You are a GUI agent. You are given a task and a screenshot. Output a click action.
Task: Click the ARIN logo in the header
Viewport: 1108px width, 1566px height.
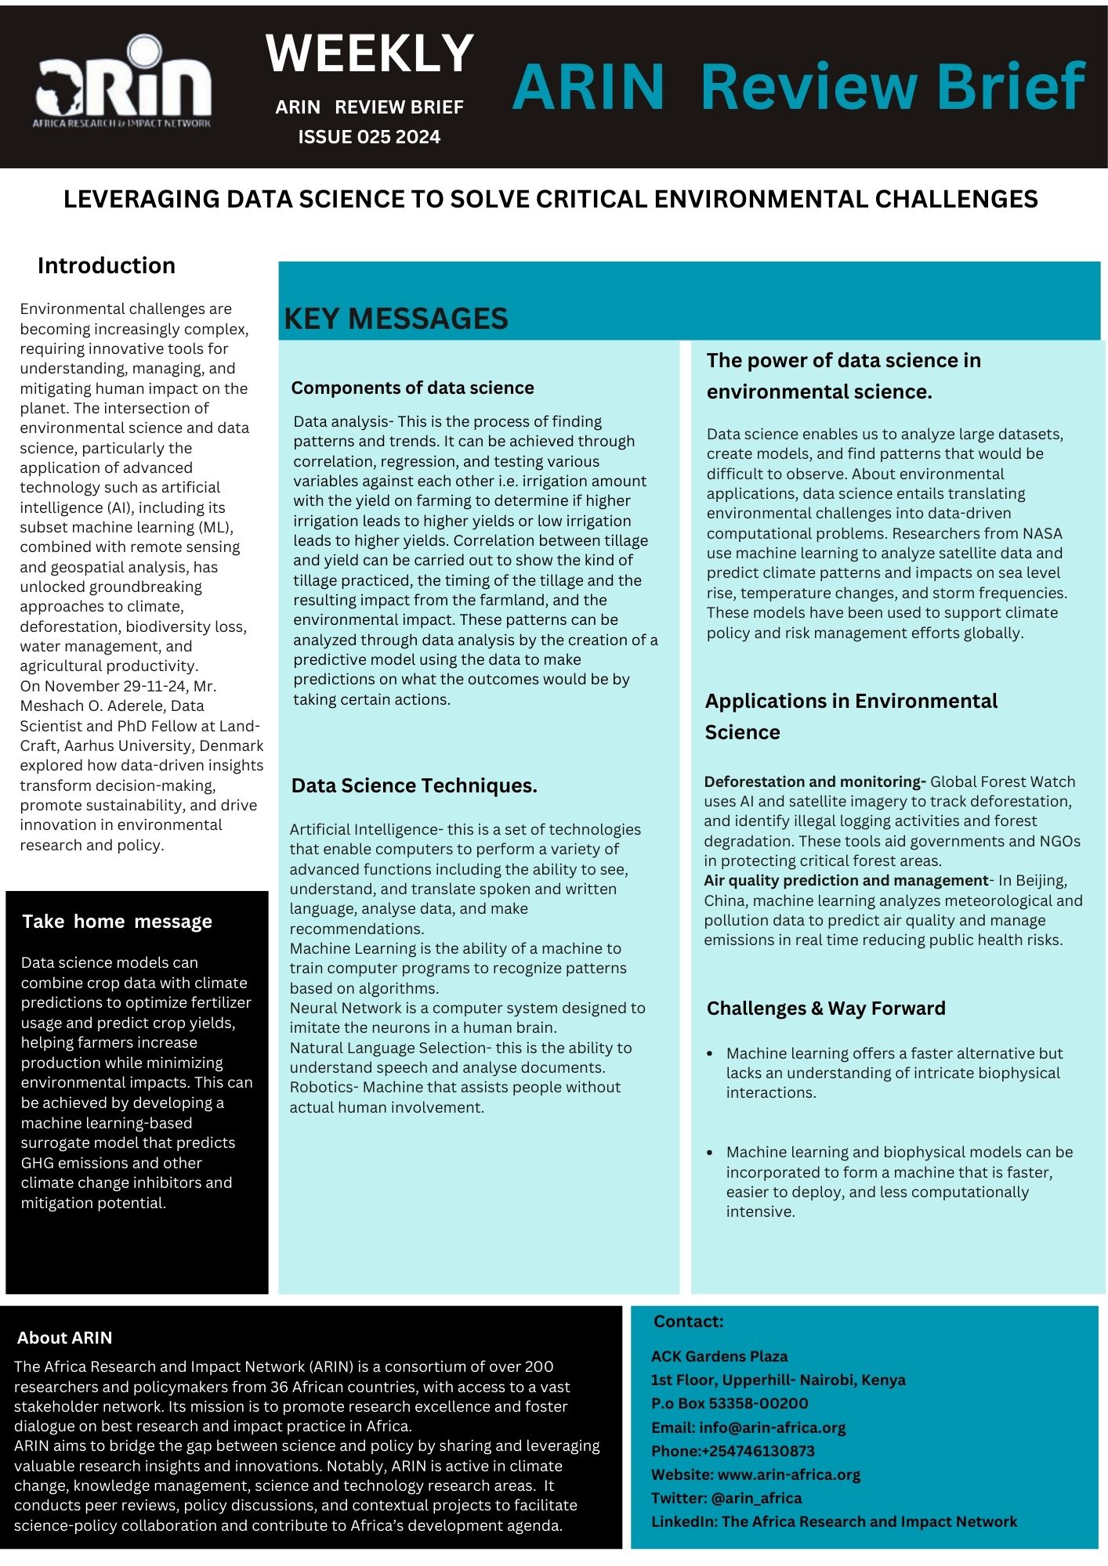[123, 82]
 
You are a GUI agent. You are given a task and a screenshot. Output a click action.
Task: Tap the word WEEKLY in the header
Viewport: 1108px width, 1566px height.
[370, 53]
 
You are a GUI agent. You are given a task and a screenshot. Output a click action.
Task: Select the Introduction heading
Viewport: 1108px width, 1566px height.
[106, 265]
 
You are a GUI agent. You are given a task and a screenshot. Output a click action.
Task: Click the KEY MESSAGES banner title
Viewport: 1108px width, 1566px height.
[396, 319]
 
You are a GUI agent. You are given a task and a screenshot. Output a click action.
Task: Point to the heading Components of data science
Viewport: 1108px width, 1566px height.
[412, 388]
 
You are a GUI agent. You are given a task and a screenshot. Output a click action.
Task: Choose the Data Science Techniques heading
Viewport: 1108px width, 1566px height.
[414, 785]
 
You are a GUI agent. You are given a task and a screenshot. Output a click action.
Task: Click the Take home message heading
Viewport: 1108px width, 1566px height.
[117, 921]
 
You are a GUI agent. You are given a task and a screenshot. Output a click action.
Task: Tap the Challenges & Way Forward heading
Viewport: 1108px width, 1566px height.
[825, 1008]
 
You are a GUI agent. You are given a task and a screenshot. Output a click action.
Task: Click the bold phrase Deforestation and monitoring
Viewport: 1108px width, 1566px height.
[814, 781]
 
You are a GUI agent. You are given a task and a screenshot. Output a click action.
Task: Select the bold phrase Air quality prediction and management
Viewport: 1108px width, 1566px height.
[845, 880]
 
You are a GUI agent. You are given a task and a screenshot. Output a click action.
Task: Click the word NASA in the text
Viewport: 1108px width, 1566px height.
[1042, 533]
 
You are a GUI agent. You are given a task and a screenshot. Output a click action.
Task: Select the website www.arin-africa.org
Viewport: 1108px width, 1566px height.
[788, 1474]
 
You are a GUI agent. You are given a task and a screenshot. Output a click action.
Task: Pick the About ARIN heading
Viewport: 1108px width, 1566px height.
[64, 1337]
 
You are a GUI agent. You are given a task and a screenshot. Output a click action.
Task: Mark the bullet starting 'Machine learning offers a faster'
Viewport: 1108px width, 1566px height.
[893, 1073]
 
